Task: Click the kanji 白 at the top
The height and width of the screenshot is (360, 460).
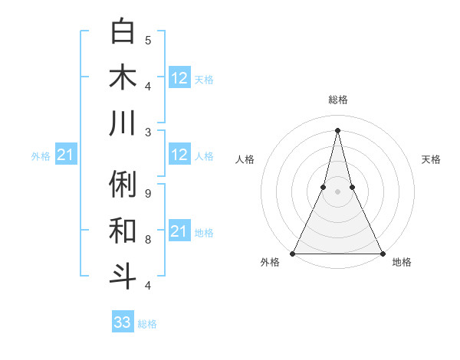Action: [123, 32]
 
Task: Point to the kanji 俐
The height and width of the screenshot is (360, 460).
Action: [123, 185]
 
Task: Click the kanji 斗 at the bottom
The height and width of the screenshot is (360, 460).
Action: [123, 275]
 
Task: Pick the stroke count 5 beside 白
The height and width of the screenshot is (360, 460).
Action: [148, 40]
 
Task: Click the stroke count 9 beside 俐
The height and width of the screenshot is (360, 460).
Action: [148, 194]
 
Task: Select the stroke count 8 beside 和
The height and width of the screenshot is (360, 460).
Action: [148, 240]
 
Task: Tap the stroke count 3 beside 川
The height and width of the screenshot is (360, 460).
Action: [148, 132]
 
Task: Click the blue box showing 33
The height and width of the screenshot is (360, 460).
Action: [123, 322]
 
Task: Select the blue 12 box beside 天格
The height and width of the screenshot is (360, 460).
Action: [179, 78]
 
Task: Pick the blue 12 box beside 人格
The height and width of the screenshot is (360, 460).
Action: [179, 155]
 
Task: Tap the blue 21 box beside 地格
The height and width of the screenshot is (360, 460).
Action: [179, 231]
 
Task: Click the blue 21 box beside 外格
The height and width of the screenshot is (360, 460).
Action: [66, 155]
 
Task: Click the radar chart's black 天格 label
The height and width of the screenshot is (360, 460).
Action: [432, 159]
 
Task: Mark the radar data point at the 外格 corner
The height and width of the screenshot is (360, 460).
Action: [294, 254]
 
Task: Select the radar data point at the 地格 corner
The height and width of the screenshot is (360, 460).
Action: [381, 254]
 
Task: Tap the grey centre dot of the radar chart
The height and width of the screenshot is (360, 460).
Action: [337, 191]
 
